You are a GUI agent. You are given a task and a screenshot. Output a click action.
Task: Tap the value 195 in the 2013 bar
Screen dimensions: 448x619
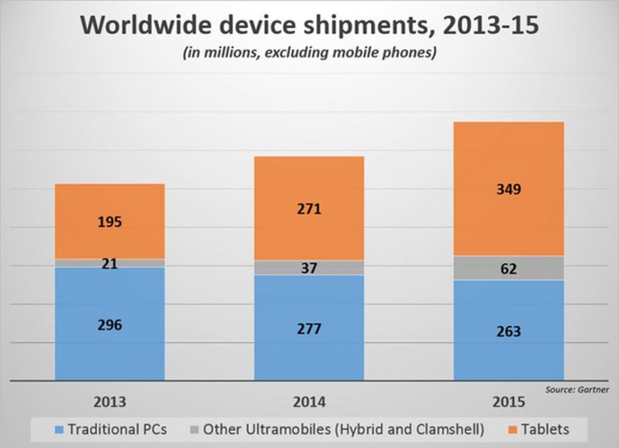pyautogui.click(x=109, y=221)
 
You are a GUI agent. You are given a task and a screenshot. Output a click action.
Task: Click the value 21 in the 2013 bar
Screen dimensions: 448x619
pyautogui.click(x=109, y=263)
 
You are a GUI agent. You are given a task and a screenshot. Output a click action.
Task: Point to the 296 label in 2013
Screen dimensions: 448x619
pyautogui.click(x=109, y=324)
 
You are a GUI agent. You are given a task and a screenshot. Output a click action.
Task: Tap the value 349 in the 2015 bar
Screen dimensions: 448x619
pyautogui.click(x=508, y=190)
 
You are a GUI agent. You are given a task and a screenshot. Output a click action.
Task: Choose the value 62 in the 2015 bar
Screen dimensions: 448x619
pyautogui.click(x=508, y=268)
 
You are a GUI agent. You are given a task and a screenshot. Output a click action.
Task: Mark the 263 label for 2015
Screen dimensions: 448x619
pyautogui.click(x=508, y=332)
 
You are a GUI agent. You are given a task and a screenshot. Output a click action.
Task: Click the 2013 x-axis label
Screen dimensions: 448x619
pyautogui.click(x=109, y=401)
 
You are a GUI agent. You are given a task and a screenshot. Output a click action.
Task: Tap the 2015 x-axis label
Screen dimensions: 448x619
pyautogui.click(x=508, y=401)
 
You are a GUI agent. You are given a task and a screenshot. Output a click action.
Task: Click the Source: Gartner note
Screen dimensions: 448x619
pyautogui.click(x=577, y=389)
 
